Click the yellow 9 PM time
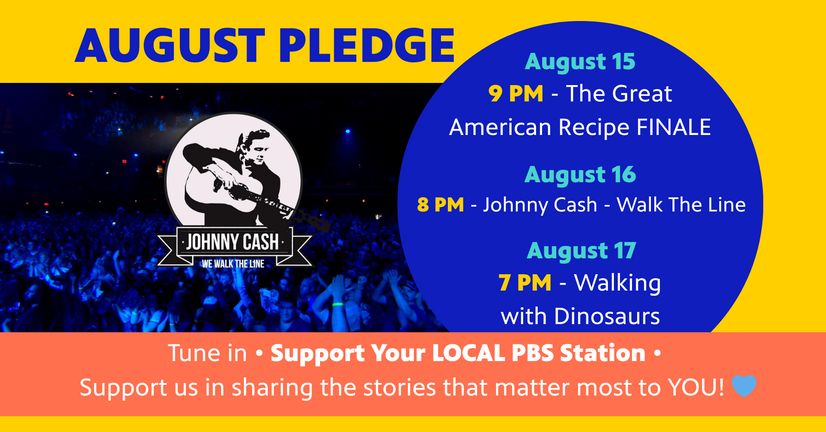coord(516,94)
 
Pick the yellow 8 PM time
coord(441,205)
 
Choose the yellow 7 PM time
coord(525,283)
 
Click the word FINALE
coord(674,127)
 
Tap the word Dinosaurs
coord(607,316)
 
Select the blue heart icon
coord(744,386)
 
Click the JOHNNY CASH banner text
coord(233,242)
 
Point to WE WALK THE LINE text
coord(233,263)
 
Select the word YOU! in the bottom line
coord(696,388)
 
